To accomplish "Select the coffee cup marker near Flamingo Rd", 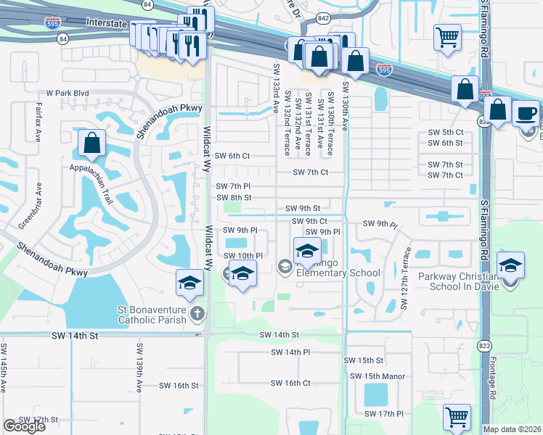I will [x=526, y=114].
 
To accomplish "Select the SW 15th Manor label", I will [x=377, y=376].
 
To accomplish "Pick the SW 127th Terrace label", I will [x=407, y=267].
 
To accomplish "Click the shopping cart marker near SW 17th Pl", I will [x=457, y=417].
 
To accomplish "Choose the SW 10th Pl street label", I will [x=243, y=256].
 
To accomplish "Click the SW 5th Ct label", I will [x=445, y=132].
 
